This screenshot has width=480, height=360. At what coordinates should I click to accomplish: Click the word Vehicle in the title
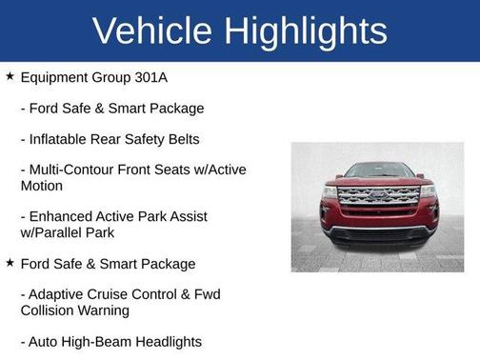click(x=151, y=30)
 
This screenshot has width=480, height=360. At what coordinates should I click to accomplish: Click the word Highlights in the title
click(x=303, y=30)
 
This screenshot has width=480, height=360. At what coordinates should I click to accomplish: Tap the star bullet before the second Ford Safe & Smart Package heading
click(x=10, y=263)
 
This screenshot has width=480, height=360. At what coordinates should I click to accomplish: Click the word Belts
click(x=181, y=139)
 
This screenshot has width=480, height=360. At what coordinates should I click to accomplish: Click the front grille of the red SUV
click(x=377, y=197)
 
